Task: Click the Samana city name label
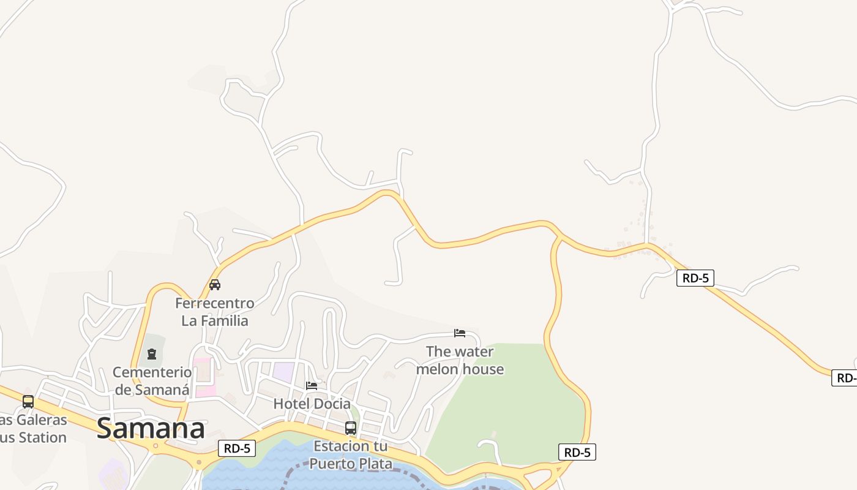(x=151, y=429)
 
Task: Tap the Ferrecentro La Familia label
(x=215, y=312)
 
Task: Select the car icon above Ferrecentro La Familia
(x=215, y=285)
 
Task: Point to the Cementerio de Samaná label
(x=152, y=380)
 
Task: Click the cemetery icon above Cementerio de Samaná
(x=152, y=354)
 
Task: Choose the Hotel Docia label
(x=312, y=404)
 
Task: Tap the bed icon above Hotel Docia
(x=312, y=385)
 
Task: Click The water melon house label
(x=460, y=360)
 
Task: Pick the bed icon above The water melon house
(x=460, y=333)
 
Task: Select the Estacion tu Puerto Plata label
(x=350, y=454)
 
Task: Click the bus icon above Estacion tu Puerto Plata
(x=350, y=428)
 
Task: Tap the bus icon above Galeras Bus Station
(x=28, y=402)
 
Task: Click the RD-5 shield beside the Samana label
(x=237, y=448)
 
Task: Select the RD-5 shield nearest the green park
(x=577, y=453)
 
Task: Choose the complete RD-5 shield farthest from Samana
(x=695, y=278)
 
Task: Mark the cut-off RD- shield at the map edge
(x=845, y=378)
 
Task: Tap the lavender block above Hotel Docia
(x=283, y=371)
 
